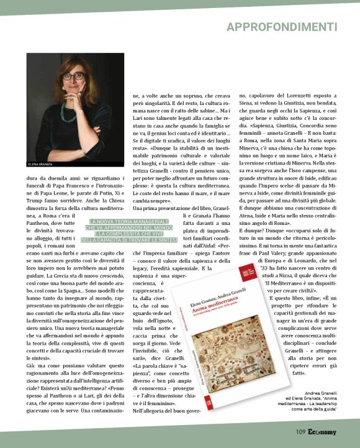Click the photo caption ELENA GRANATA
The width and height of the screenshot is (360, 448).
tap(42, 164)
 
